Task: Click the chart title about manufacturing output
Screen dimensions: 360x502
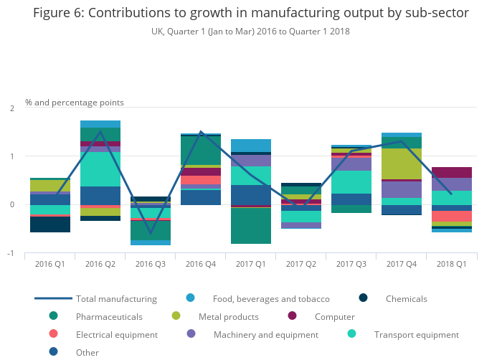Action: tap(251, 14)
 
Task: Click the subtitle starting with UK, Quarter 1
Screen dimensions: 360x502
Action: tap(251, 32)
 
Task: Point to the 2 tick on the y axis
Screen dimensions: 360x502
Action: tap(11, 108)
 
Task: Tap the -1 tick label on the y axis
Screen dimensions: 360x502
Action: tap(10, 253)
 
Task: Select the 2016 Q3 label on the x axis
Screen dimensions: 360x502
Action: tap(151, 264)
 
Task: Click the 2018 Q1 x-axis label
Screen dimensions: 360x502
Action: tap(451, 264)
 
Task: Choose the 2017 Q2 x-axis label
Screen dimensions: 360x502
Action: tap(301, 264)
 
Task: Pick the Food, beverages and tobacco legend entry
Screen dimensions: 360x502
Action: tap(271, 298)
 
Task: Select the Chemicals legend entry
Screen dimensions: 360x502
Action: tap(406, 298)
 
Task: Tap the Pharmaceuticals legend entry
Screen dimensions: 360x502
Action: tap(109, 316)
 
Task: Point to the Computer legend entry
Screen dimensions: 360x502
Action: tap(334, 316)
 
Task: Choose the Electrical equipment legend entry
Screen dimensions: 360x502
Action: tap(116, 334)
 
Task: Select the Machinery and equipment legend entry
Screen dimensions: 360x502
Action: tap(265, 334)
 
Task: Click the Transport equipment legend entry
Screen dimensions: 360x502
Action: tap(416, 334)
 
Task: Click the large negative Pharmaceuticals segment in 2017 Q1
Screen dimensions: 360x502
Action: tap(251, 226)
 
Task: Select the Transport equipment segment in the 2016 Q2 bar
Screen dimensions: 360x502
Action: tap(100, 169)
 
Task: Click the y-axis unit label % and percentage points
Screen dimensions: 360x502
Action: tap(75, 103)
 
